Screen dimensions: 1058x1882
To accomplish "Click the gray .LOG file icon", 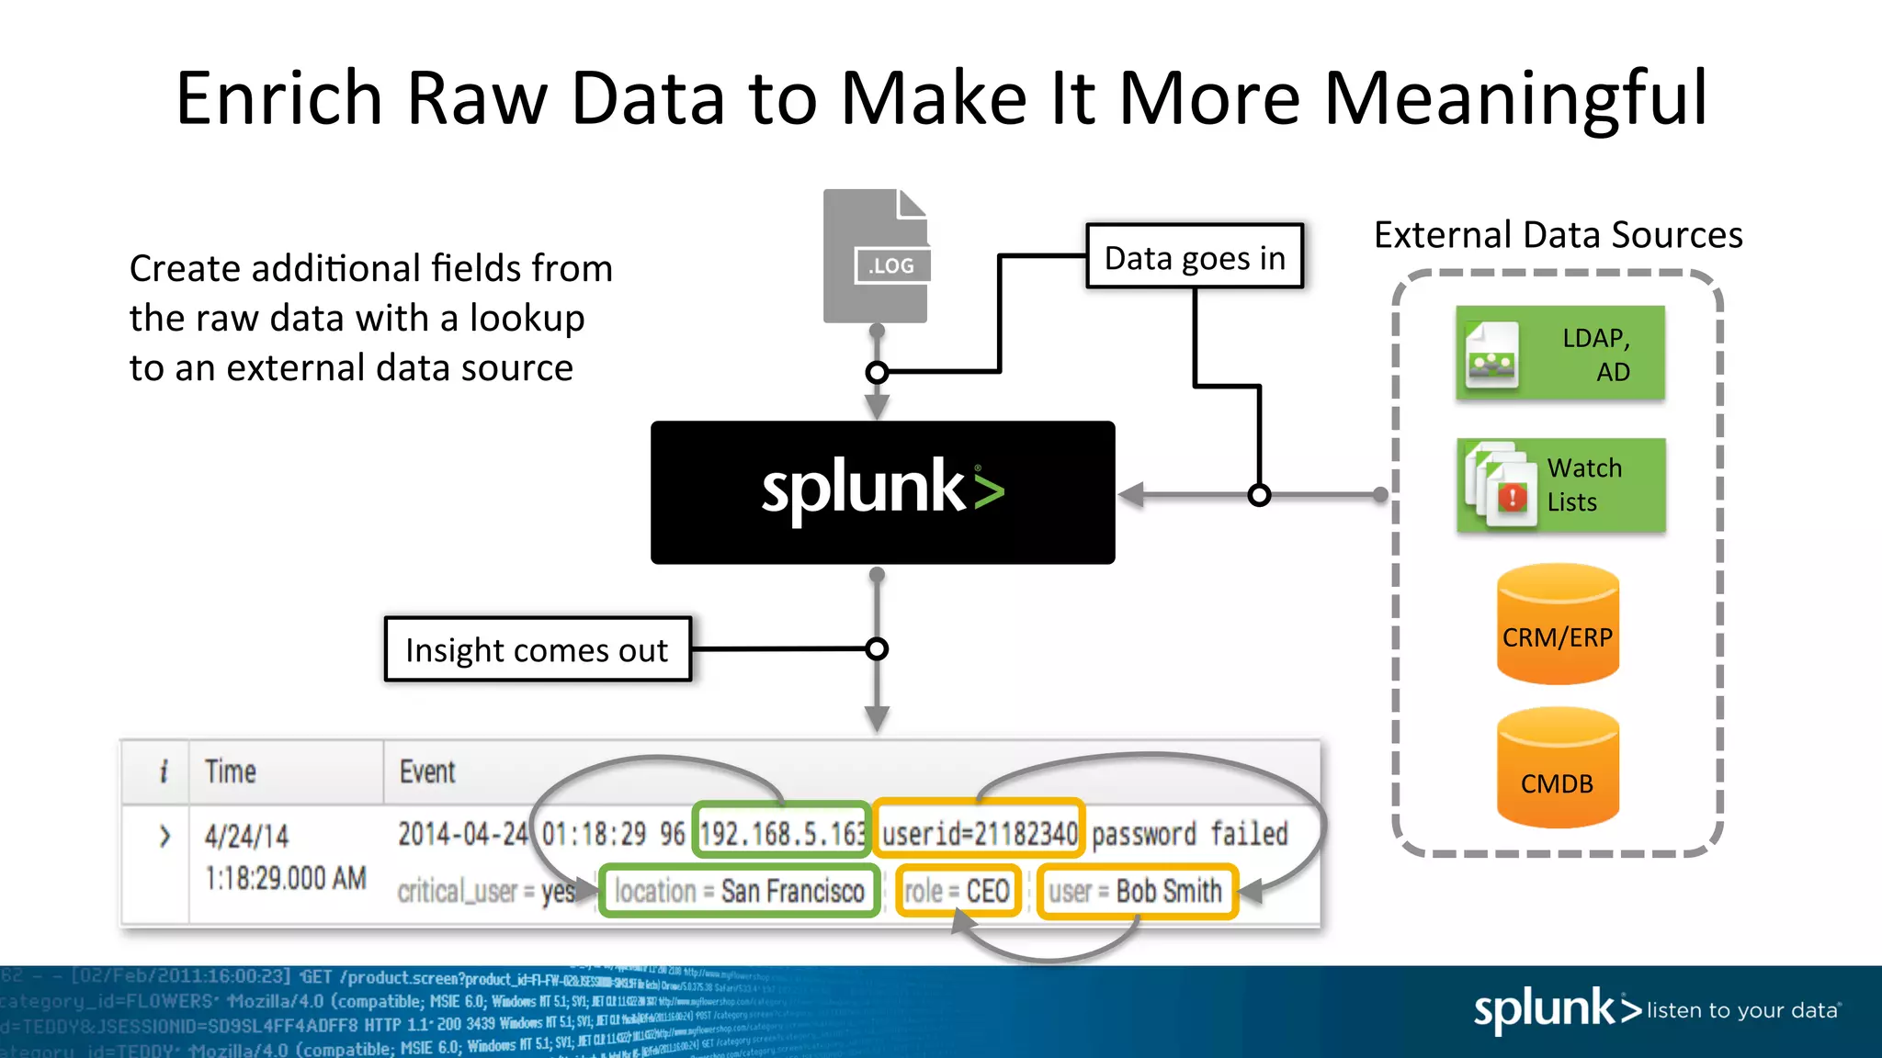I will [876, 256].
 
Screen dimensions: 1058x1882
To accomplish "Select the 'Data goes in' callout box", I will [1195, 257].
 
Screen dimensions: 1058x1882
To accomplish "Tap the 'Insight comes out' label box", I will [538, 649].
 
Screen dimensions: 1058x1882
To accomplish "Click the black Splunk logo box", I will [882, 492].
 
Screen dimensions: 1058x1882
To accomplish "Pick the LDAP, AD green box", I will [1560, 354].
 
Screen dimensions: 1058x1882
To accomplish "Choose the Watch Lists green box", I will [1560, 485].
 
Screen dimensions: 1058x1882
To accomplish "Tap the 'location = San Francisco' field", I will [740, 891].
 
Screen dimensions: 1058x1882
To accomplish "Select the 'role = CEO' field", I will [958, 891].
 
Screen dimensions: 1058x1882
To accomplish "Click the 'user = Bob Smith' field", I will [1137, 891].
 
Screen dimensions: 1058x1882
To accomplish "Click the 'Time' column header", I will [231, 771].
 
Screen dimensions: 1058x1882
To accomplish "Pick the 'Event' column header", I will [427, 771].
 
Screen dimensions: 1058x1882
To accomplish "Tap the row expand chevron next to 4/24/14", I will [164, 836].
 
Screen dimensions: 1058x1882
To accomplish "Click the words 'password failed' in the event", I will [1189, 834].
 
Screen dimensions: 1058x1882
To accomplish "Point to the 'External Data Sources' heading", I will [1558, 235].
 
